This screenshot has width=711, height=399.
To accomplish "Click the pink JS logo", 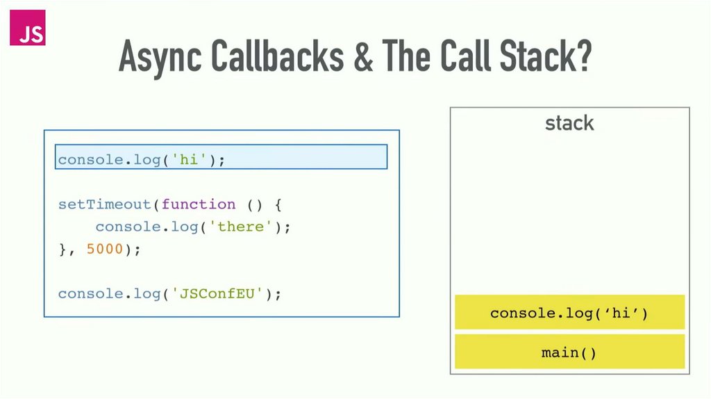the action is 28,28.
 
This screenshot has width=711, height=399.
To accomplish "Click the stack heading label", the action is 569,124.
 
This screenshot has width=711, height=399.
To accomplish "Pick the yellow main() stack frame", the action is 569,352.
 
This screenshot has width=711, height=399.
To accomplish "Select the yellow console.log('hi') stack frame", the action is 569,313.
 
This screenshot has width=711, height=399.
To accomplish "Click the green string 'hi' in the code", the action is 189,160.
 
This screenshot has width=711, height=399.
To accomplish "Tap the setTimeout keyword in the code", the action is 105,204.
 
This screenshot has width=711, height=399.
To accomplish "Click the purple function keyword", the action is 198,204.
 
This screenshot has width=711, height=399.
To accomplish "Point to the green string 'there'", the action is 241,227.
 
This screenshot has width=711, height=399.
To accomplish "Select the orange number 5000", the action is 104,249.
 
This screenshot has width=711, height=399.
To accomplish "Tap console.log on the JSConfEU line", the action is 109,293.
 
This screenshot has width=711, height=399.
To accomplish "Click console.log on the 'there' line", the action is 147,227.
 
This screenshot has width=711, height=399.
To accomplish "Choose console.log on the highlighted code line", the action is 109,160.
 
